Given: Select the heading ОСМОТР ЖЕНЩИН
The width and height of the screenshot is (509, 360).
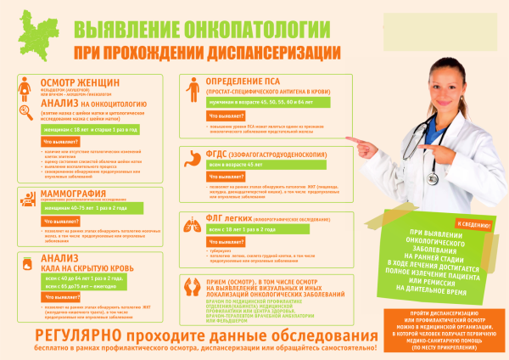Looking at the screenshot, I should (x=76, y=82).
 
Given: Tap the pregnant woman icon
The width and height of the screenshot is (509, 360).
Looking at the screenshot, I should (x=25, y=86).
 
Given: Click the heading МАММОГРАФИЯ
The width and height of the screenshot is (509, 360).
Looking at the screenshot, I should (x=76, y=194).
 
